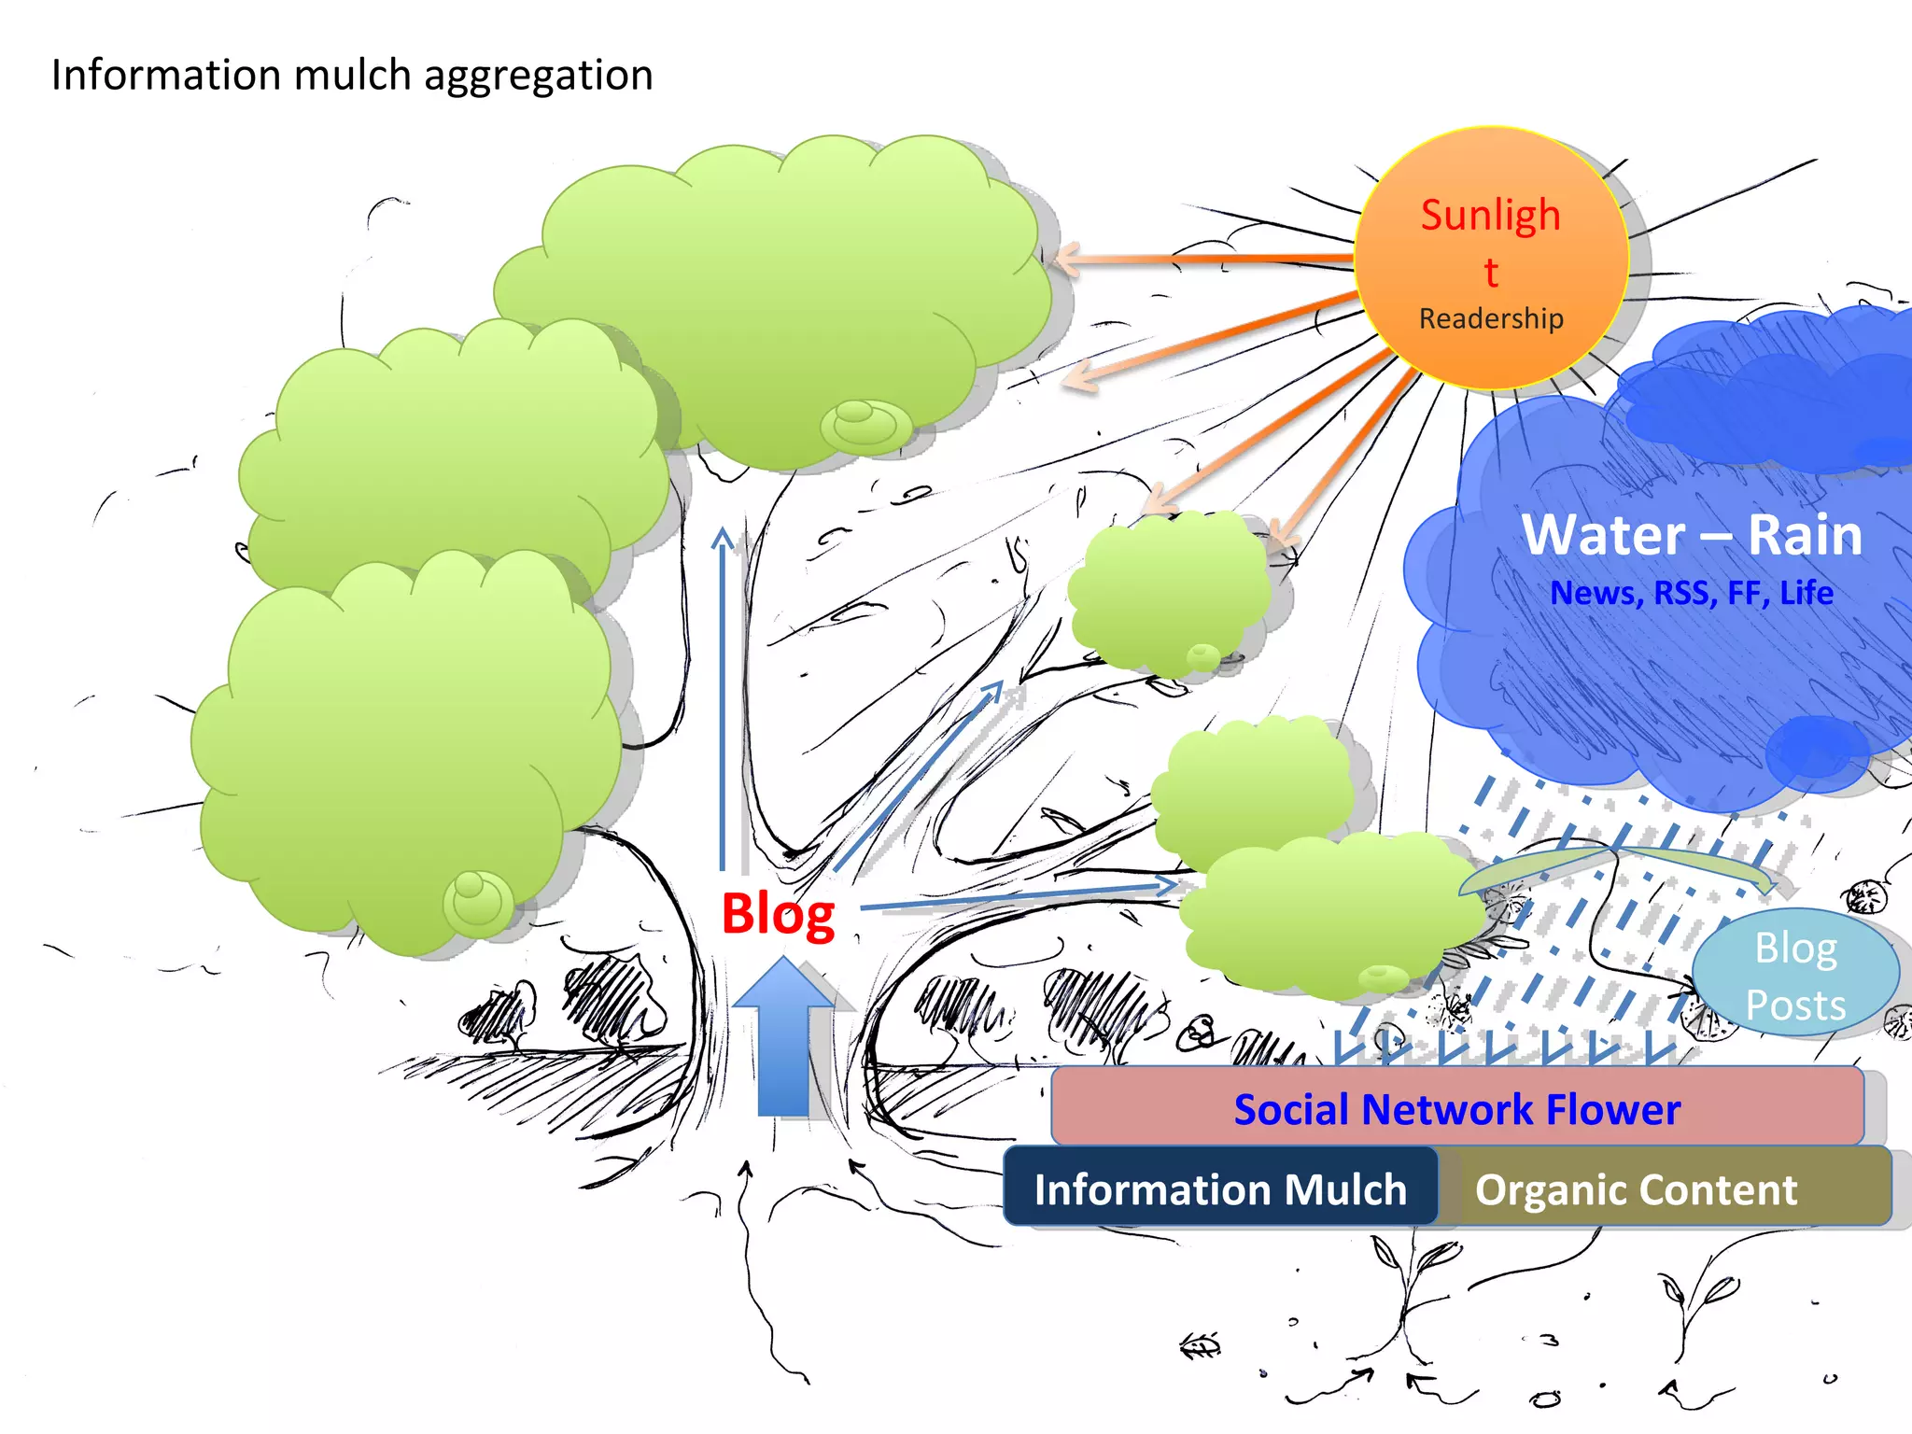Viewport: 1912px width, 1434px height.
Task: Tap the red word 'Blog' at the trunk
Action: click(778, 914)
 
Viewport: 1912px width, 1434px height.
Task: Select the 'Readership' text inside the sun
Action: click(1491, 318)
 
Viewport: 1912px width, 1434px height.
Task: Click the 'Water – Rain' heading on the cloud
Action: click(1692, 535)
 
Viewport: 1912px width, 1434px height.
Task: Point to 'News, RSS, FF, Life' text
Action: click(1692, 593)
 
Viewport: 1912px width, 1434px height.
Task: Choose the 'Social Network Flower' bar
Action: click(1456, 1108)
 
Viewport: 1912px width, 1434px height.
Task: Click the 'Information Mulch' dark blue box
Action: click(1220, 1188)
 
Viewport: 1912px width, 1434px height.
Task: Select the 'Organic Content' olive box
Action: click(1636, 1188)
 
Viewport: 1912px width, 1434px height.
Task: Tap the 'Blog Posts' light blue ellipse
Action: click(1794, 974)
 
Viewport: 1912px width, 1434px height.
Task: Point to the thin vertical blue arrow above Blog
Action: click(723, 700)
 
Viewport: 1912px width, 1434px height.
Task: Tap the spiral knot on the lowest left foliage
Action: click(477, 901)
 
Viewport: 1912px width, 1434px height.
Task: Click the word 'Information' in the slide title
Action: click(164, 75)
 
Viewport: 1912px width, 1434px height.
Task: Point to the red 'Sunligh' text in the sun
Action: click(1490, 215)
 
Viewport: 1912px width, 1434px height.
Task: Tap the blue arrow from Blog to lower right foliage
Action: click(1018, 894)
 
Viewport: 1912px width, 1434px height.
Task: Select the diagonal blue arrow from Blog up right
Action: click(920, 775)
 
